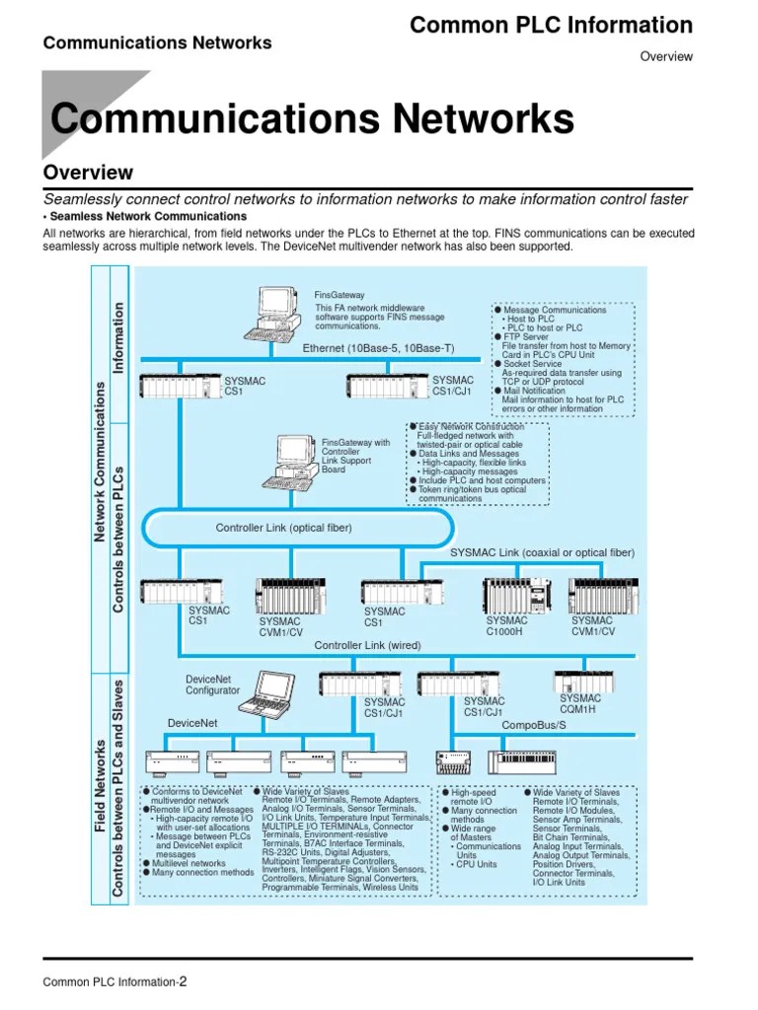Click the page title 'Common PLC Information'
coord(551,26)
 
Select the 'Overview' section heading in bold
coord(88,173)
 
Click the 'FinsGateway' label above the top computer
coord(340,295)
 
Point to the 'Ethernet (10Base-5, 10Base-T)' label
coord(378,348)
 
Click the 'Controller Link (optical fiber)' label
coord(283,528)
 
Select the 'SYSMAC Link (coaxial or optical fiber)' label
coord(542,552)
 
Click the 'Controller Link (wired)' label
coord(367,645)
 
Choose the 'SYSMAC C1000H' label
coord(506,627)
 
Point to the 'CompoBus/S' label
coord(533,725)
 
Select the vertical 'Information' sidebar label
coord(119,337)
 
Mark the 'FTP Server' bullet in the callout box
coord(526,337)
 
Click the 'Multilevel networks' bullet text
coord(189,863)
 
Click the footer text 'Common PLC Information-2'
coord(114,981)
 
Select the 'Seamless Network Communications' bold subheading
coord(148,216)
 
